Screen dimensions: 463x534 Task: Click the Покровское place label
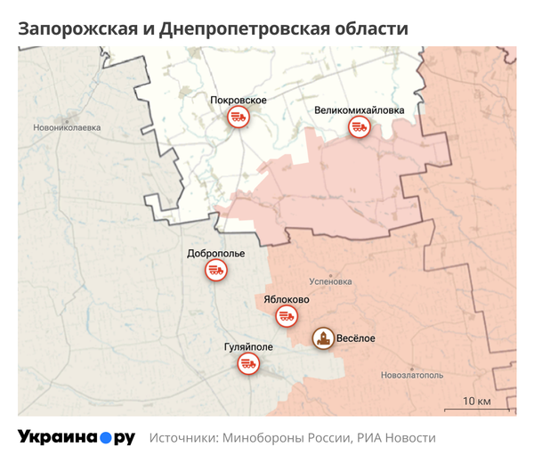coord(239,100)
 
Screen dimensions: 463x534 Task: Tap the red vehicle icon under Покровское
coord(238,118)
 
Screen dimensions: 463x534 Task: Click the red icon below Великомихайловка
coord(359,128)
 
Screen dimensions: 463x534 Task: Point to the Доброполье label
coord(216,253)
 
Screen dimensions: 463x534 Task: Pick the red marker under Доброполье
coord(215,271)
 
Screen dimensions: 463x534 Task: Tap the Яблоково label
coord(287,299)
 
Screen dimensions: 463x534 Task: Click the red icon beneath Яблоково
coord(287,316)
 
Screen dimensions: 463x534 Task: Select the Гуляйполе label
coord(249,346)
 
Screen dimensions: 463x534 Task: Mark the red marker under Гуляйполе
coord(249,364)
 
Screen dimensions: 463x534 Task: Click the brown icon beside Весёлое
coord(322,339)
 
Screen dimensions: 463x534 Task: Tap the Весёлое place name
coord(356,339)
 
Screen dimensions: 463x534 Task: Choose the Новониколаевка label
coord(66,127)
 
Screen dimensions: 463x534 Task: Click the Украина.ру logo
coord(76,438)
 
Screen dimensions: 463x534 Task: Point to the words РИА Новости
coord(397,438)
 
